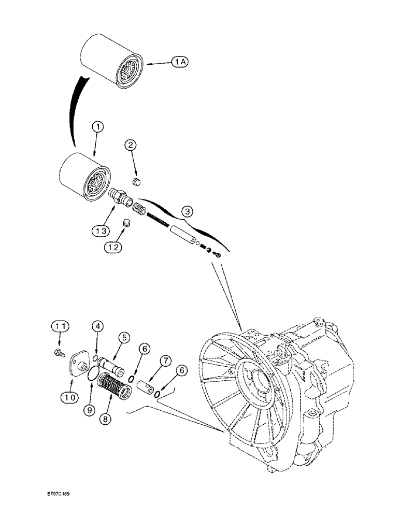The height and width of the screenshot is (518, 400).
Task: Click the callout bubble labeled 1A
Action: click(180, 62)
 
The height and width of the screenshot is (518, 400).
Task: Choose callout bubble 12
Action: click(115, 247)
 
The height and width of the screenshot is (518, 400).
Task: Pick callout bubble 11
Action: click(60, 326)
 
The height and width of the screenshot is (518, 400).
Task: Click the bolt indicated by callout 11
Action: click(59, 353)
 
